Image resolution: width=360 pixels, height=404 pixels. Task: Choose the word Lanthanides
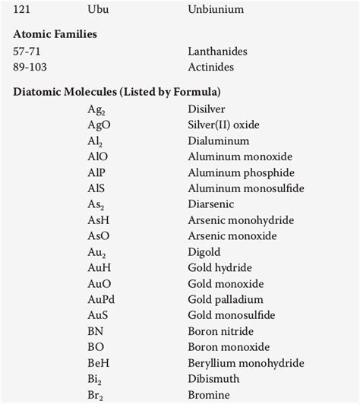click(217, 51)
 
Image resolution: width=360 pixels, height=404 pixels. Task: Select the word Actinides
click(211, 67)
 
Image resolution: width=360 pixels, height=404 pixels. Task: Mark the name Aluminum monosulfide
click(245, 188)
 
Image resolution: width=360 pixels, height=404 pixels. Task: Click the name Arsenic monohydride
click(241, 220)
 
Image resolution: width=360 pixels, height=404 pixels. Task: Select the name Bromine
click(210, 395)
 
